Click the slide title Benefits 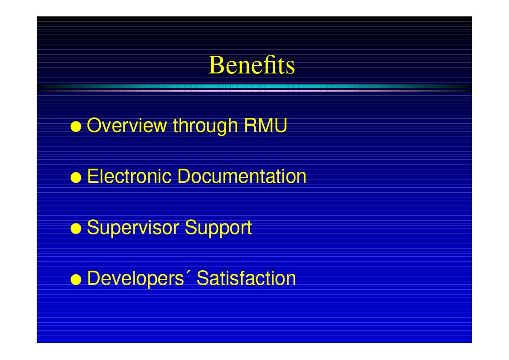[x=252, y=65]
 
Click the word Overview [x=127, y=125]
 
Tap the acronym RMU [x=266, y=125]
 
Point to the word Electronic [x=129, y=176]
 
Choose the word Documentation [x=242, y=176]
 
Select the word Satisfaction [x=247, y=278]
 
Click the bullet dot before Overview [x=76, y=126]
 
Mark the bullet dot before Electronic [x=76, y=178]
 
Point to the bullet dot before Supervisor [x=76, y=229]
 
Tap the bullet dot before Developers [x=76, y=279]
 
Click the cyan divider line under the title [x=254, y=87]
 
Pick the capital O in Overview [x=94, y=125]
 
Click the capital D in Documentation [x=184, y=176]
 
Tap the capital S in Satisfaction [x=203, y=278]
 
